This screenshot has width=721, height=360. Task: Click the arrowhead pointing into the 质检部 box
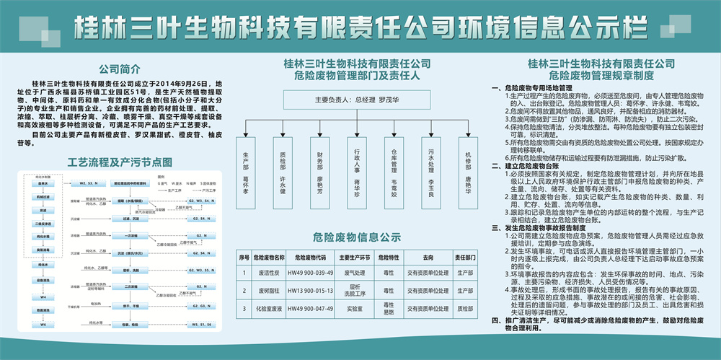(x=283, y=134)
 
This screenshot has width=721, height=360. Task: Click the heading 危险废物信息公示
(x=357, y=235)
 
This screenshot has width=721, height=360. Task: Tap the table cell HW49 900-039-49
(x=310, y=273)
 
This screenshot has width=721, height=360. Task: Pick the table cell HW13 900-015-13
(x=310, y=289)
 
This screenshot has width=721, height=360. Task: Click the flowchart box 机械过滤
(x=43, y=196)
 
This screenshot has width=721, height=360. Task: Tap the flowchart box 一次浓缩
(x=131, y=236)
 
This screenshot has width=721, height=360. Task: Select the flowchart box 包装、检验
(x=131, y=325)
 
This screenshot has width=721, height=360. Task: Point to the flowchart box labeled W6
(x=43, y=325)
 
